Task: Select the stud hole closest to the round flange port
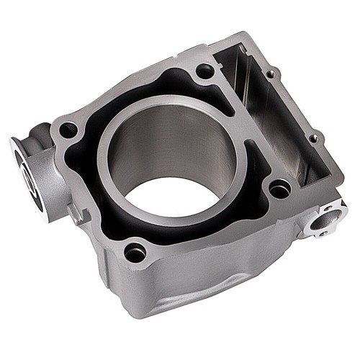[68, 130]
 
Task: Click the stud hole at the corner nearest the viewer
[135, 252]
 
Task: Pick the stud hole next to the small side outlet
[279, 189]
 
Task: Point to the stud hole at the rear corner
[204, 71]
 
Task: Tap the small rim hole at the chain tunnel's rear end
[271, 73]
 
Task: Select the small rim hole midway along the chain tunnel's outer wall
[313, 137]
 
